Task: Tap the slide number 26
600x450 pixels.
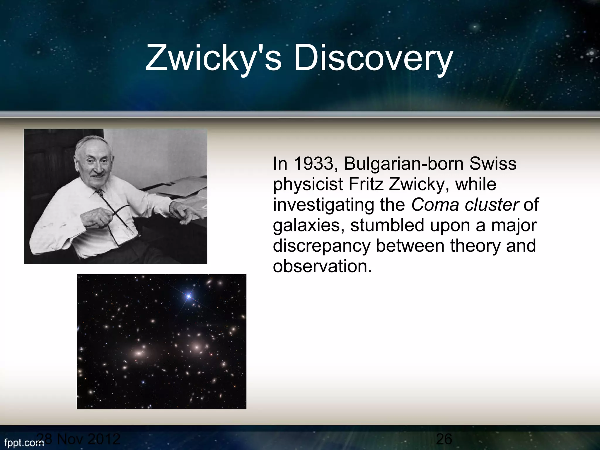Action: tap(444, 439)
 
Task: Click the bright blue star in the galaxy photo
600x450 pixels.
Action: tap(189, 296)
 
